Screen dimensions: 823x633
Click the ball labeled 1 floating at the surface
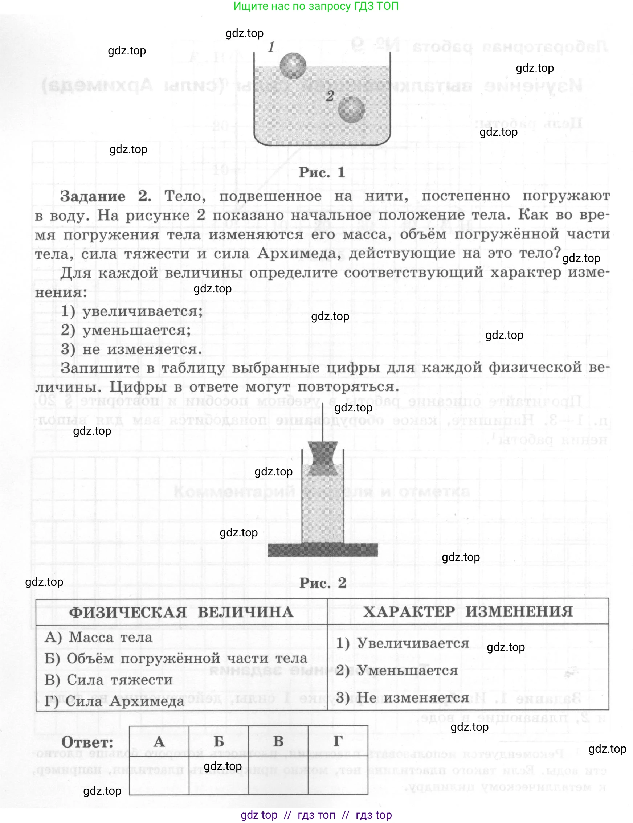click(x=293, y=66)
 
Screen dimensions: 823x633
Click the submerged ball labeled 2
click(x=351, y=110)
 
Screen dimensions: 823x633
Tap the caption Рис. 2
click(x=323, y=583)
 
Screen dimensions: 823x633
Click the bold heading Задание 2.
click(x=106, y=196)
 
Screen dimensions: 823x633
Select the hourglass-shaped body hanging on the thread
click(x=323, y=459)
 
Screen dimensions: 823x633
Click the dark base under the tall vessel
click(x=323, y=549)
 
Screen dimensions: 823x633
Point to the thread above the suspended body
click(x=323, y=422)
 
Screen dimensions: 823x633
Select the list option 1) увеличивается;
click(x=132, y=311)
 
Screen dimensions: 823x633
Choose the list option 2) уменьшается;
click(x=126, y=330)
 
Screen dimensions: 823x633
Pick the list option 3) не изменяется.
click(x=131, y=349)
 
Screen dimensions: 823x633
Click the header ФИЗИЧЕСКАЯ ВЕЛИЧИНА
click(x=181, y=612)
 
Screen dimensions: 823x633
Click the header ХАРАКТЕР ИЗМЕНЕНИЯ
click(x=467, y=611)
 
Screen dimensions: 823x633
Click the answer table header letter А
click(x=159, y=742)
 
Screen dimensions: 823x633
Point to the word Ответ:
click(x=87, y=742)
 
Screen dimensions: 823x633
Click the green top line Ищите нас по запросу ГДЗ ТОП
click(x=316, y=6)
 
